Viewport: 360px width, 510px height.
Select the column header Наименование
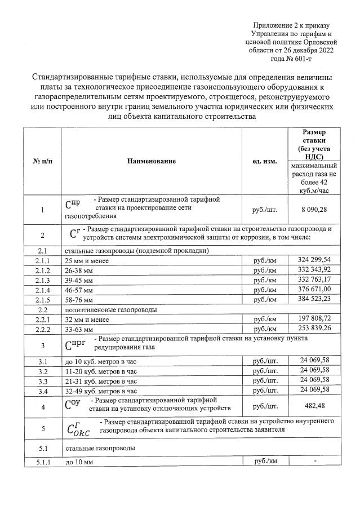click(152, 161)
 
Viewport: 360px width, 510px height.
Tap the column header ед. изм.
click(265, 161)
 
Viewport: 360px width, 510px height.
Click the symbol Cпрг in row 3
click(77, 344)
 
